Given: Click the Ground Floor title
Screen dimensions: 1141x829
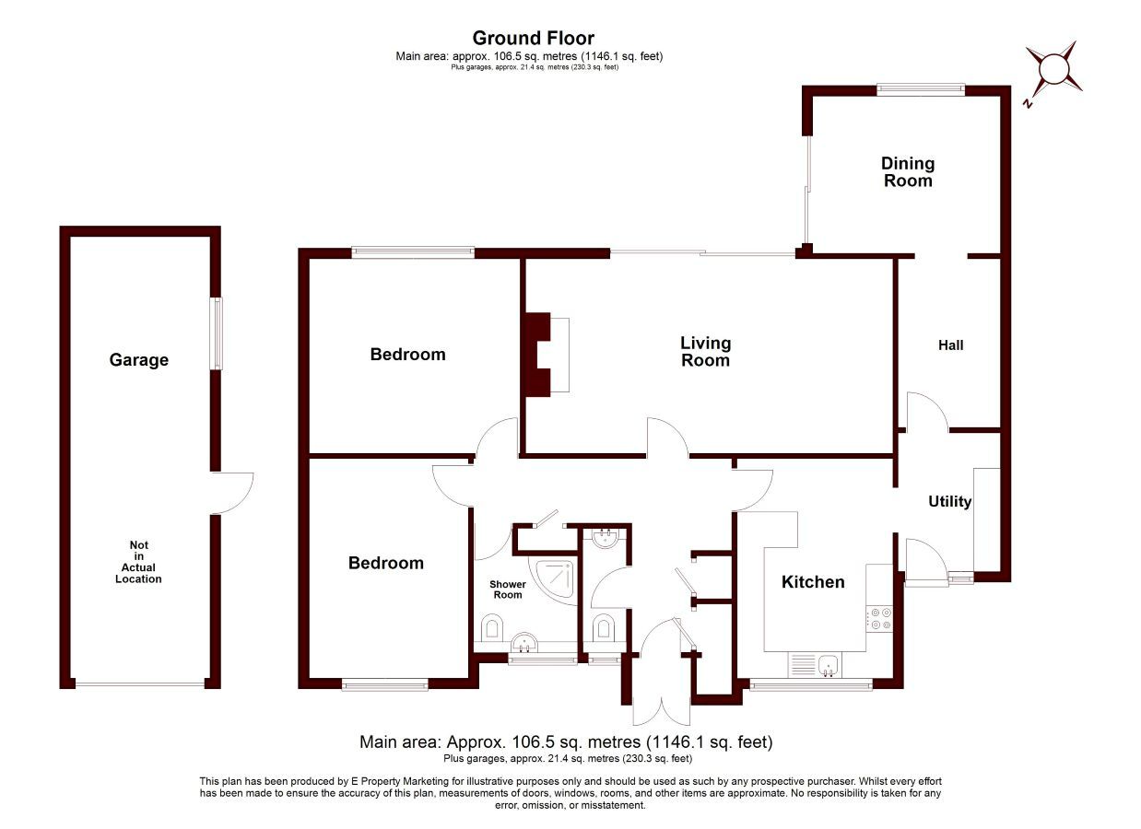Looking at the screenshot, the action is point(534,38).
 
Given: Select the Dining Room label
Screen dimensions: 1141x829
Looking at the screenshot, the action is point(908,172).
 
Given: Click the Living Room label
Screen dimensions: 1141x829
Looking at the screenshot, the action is point(705,352).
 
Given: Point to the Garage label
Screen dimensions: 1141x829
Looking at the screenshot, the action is point(138,360).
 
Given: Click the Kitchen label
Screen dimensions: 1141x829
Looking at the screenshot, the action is point(813,582).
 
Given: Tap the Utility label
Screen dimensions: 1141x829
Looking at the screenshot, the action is point(949,502).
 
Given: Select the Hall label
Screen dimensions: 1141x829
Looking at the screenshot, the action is point(950,345).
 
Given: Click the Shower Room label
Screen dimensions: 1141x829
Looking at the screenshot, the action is point(507,590).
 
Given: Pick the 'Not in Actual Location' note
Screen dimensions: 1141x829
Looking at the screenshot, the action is point(138,562).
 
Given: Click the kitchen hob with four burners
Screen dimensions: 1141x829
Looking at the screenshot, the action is point(879,618).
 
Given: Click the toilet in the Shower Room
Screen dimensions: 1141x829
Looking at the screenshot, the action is point(492,627).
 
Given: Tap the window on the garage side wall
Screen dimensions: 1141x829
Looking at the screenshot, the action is point(217,333).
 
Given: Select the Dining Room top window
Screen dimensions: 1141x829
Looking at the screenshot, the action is point(921,89).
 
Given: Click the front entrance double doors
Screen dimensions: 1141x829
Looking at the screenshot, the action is point(662,672).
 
